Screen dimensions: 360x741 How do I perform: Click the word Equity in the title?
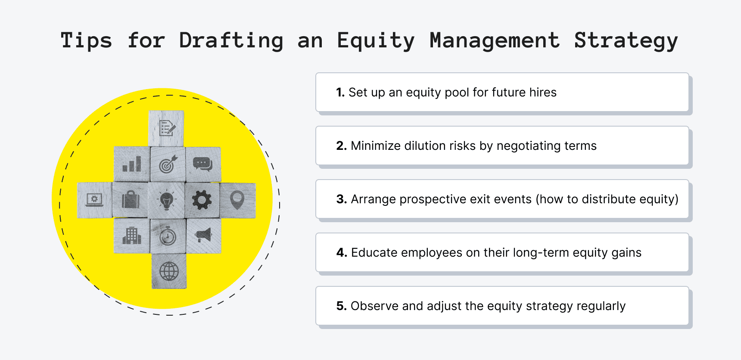[x=375, y=41]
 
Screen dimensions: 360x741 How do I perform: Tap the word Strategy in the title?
[x=626, y=41]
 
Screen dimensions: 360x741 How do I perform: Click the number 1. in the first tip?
[x=340, y=92]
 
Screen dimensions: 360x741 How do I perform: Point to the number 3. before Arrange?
[x=341, y=199]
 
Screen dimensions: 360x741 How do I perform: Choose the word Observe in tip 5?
[x=374, y=306]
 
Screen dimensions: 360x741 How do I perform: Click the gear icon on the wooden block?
[x=202, y=200]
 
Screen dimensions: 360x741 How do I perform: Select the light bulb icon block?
[x=167, y=200]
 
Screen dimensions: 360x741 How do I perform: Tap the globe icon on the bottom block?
[x=169, y=271]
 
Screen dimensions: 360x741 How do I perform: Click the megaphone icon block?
[x=203, y=235]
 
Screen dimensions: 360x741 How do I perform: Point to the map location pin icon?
[x=237, y=200]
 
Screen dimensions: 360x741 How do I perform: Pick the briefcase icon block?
[x=131, y=200]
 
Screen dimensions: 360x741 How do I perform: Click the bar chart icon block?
[x=131, y=164]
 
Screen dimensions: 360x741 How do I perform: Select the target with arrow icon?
[x=168, y=164]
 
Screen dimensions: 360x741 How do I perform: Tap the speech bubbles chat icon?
[x=202, y=164]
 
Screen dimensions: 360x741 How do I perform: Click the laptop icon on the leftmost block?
[x=94, y=200]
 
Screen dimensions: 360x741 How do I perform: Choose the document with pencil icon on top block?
[x=167, y=128]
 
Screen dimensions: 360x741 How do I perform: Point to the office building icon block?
[x=131, y=236]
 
